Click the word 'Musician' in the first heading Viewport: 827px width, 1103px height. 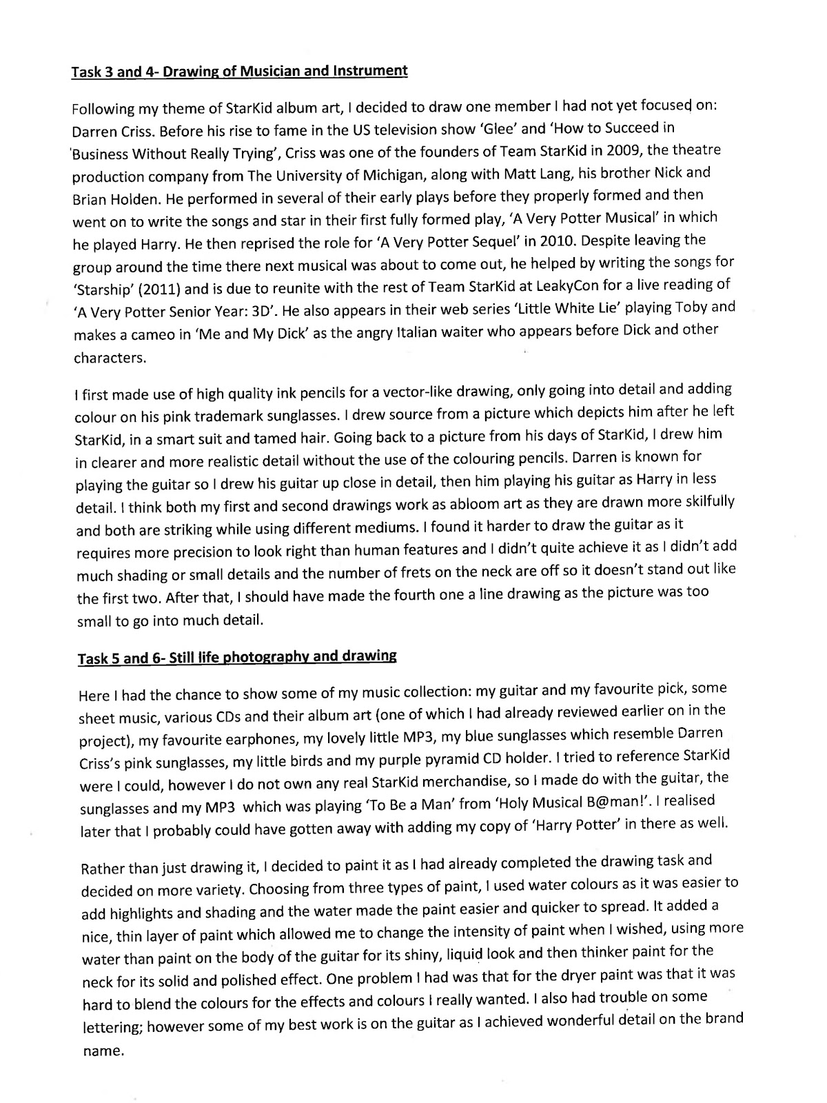pos(249,70)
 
